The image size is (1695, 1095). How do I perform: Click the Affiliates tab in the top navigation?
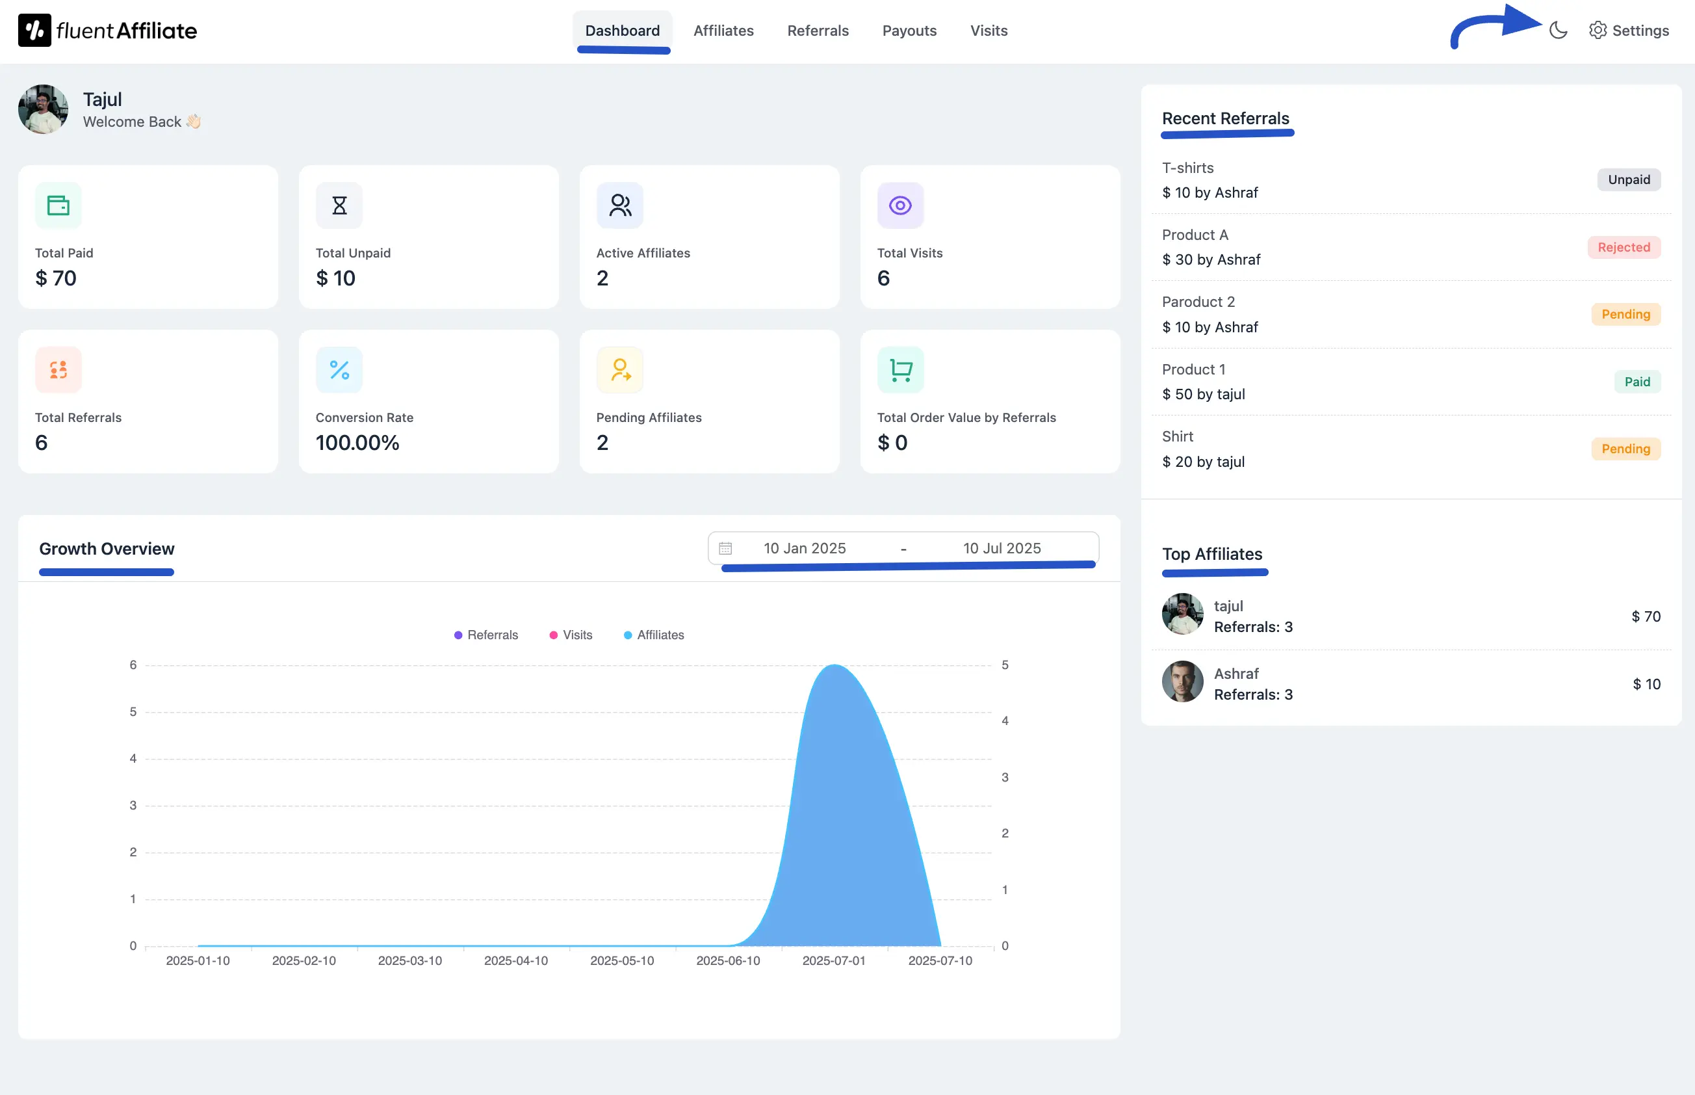pos(723,31)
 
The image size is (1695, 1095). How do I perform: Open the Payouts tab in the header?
pos(909,31)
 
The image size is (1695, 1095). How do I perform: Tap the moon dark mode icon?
pos(1558,31)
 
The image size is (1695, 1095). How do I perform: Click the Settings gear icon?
pos(1598,31)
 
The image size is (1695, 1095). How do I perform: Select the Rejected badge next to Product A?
pos(1624,248)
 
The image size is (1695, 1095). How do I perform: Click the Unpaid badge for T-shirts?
pos(1628,180)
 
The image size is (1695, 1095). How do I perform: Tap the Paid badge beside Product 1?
pos(1637,382)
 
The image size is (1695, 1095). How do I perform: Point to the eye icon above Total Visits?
pos(899,206)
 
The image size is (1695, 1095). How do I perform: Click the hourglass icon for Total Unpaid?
pos(339,206)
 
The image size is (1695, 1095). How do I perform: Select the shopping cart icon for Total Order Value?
pos(900,371)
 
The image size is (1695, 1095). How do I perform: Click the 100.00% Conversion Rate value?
pos(357,443)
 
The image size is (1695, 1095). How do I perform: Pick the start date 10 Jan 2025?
pos(804,548)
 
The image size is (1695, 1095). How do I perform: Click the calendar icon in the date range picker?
pos(725,548)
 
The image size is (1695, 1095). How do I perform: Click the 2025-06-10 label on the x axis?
pos(728,960)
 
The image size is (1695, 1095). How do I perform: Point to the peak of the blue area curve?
pos(835,666)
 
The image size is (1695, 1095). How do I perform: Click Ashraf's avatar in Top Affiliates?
pos(1182,681)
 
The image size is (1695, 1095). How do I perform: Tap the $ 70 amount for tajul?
pos(1645,616)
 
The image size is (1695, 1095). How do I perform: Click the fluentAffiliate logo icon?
pos(34,31)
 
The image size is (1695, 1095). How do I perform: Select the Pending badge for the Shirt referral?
pos(1625,449)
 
